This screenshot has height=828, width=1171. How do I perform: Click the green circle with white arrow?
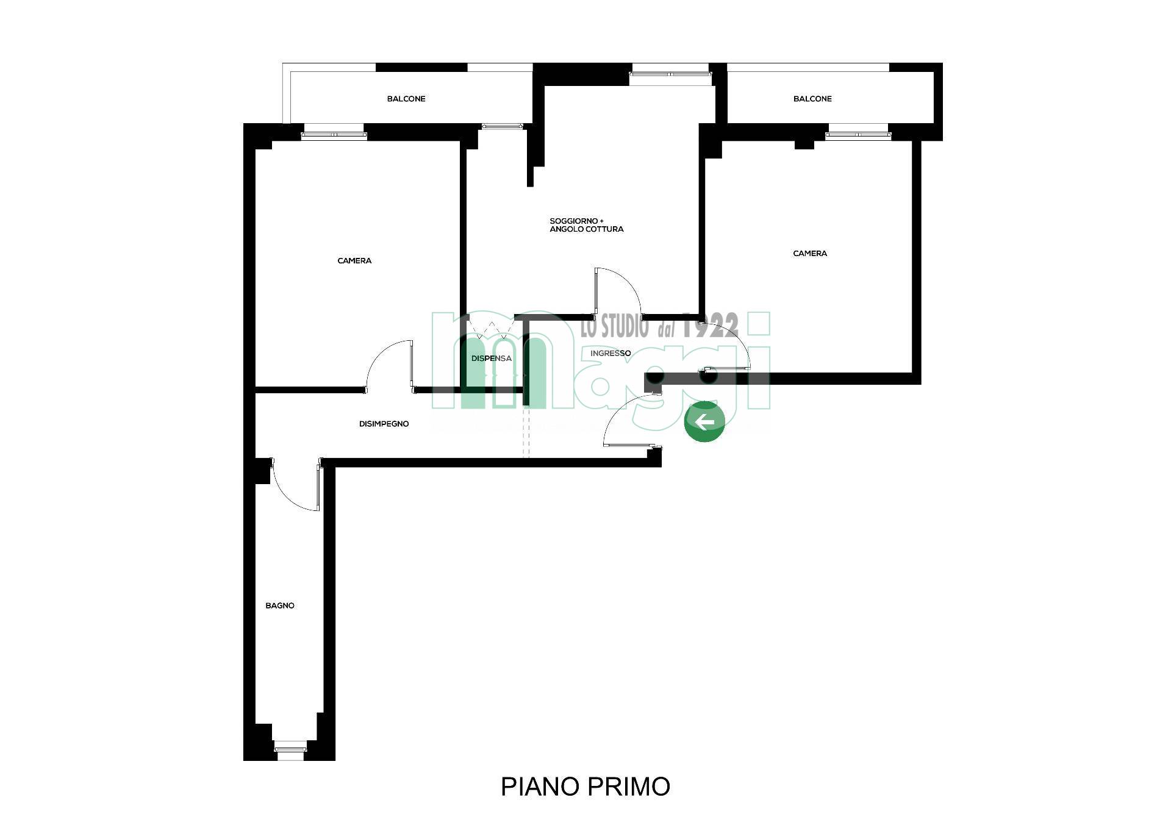(x=704, y=421)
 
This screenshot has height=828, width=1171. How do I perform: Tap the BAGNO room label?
(x=280, y=605)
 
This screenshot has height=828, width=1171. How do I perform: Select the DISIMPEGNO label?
(x=384, y=424)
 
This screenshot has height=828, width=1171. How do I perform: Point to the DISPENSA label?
(x=492, y=359)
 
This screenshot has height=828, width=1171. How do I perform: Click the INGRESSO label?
(x=611, y=353)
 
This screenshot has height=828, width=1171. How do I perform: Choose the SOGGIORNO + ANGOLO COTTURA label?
(x=587, y=225)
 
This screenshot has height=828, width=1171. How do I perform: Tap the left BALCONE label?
(x=406, y=99)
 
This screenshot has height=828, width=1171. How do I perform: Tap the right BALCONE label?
(x=812, y=99)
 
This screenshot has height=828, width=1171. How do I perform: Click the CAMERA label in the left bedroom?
(x=354, y=261)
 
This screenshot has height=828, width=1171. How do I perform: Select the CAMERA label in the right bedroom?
(x=810, y=254)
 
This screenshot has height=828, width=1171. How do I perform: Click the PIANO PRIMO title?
(x=585, y=787)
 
